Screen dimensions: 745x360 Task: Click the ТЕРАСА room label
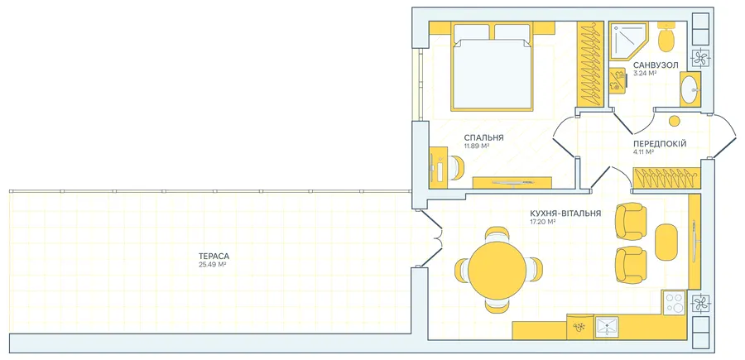(x=210, y=257)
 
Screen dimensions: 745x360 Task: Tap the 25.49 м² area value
(x=212, y=265)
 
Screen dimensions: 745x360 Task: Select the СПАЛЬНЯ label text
(x=483, y=137)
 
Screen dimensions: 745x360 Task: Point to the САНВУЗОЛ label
(x=656, y=65)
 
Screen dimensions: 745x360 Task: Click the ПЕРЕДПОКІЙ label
(x=660, y=143)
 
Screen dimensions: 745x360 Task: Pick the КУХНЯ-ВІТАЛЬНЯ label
(x=565, y=214)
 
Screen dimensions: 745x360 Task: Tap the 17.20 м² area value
(x=542, y=221)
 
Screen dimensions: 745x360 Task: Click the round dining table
(x=497, y=271)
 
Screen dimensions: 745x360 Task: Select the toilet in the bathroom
(x=666, y=37)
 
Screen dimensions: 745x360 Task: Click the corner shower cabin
(x=627, y=41)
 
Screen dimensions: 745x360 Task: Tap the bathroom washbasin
(x=690, y=89)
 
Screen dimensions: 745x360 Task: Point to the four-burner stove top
(x=675, y=302)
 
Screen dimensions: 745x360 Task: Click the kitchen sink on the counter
(x=607, y=326)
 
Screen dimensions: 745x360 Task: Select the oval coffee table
(x=666, y=242)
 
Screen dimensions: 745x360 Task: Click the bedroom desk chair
(x=457, y=168)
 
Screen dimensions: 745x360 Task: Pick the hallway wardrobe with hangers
(x=667, y=179)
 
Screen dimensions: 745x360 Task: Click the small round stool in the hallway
(x=674, y=121)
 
